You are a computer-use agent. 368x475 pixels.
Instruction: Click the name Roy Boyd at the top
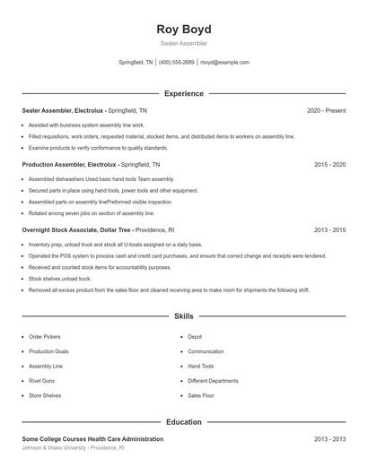pos(183,29)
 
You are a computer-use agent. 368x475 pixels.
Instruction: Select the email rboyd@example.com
pos(224,63)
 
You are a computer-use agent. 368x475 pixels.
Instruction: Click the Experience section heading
pos(183,93)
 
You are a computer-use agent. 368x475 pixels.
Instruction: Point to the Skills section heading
pos(183,316)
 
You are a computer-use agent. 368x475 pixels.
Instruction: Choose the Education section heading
pos(183,421)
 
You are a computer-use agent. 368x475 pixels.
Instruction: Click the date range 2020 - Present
pos(326,110)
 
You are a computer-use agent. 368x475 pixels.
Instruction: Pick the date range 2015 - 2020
pos(330,165)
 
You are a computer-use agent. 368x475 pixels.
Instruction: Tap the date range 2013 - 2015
pos(330,230)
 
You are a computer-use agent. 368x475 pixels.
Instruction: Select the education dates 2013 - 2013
pos(330,439)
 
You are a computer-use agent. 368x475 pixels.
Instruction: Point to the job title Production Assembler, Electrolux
pos(69,165)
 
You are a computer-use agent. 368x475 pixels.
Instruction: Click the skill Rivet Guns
pos(42,380)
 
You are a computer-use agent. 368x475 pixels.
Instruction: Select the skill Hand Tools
pos(201,366)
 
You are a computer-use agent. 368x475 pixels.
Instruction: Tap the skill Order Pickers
pos(45,337)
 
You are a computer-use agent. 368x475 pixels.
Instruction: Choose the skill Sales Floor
pos(201,394)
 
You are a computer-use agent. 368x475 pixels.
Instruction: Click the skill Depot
pos(195,337)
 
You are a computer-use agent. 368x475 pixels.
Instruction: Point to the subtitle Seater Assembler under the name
pos(183,43)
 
